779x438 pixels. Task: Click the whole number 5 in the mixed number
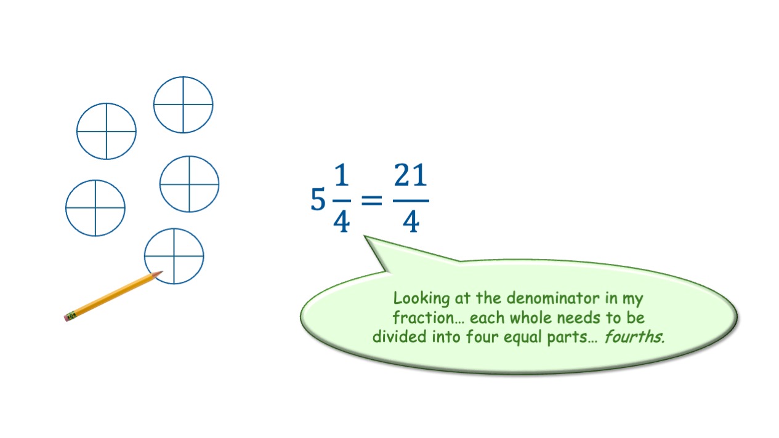[x=318, y=200]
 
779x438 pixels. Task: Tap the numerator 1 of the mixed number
[x=342, y=178]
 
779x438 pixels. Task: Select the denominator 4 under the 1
[x=341, y=221]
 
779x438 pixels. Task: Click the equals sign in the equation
[x=371, y=200]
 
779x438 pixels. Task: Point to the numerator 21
[x=410, y=178]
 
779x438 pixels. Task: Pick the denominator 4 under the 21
[x=411, y=221]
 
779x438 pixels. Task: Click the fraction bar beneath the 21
[x=411, y=199]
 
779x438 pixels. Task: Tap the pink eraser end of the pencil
[x=67, y=317]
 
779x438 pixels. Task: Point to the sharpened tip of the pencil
[x=160, y=273]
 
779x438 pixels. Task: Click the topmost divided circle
[x=183, y=105]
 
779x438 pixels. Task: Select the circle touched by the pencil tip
[x=174, y=256]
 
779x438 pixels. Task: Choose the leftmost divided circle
[x=95, y=208]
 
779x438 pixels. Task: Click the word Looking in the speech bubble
[x=420, y=300]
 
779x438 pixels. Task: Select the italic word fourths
[x=634, y=336]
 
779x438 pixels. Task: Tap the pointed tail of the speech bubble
[x=368, y=239]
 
